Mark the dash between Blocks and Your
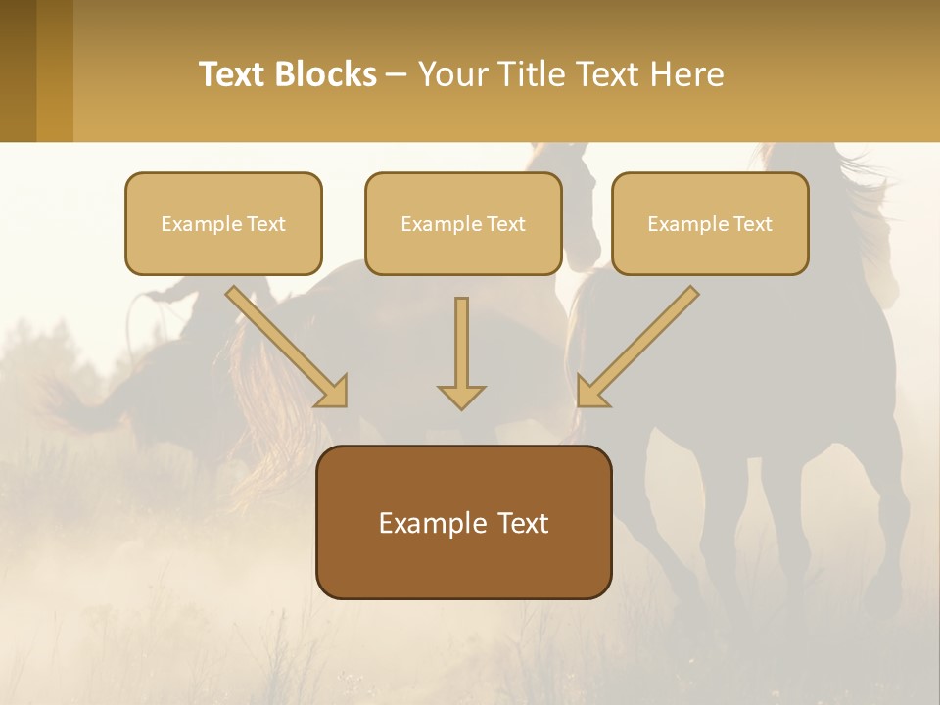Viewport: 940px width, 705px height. (x=397, y=75)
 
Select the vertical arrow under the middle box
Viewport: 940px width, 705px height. (x=461, y=343)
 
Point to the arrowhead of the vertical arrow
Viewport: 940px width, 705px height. (x=461, y=396)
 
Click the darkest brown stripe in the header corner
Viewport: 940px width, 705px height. (x=18, y=70)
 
